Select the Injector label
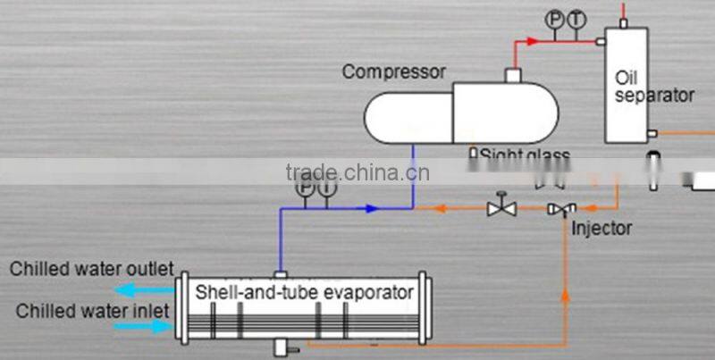(601, 228)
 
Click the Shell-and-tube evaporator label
(305, 292)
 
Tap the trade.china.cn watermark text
(357, 172)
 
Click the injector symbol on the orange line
(562, 209)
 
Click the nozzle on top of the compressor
(513, 76)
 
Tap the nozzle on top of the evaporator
(280, 273)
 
